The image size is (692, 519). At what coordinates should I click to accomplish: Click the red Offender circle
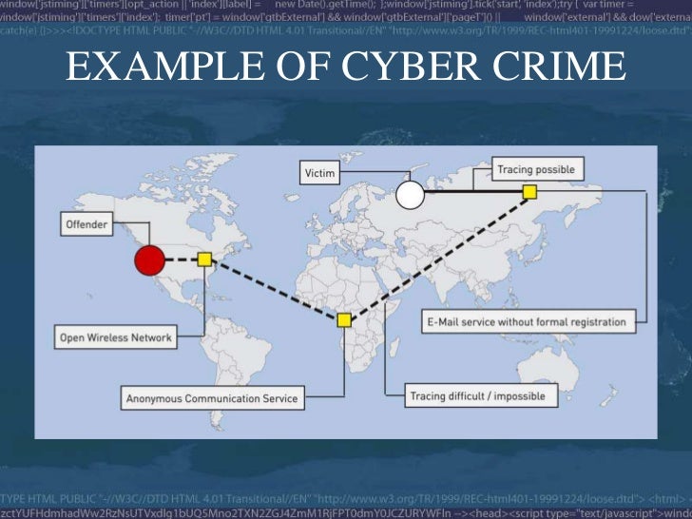pos(149,259)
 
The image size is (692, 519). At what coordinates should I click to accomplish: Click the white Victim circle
pos(410,195)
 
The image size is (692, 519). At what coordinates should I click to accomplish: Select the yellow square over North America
pos(204,259)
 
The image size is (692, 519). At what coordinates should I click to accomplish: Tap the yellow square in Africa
pos(344,320)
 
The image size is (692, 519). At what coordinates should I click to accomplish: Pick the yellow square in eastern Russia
pos(530,192)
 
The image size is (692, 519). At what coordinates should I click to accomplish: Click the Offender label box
pos(86,225)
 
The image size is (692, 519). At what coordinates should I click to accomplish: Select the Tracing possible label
pos(535,170)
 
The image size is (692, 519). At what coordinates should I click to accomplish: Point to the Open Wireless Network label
pos(116,337)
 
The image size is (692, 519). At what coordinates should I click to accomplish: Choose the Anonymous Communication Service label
pos(211,398)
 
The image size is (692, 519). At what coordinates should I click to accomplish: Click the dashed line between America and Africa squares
pos(276,290)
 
